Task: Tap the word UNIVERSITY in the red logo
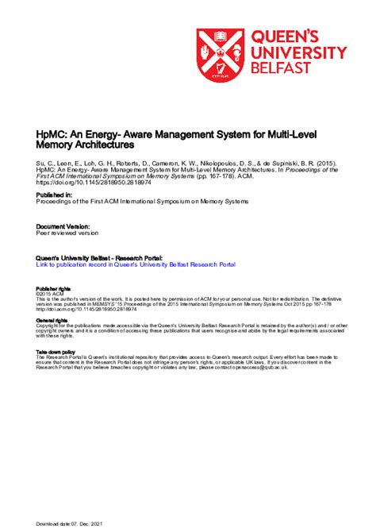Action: [299, 53]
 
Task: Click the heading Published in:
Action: [55, 195]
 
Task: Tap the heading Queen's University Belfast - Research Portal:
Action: [100, 258]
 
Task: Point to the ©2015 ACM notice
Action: [49, 293]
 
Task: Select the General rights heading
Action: [52, 319]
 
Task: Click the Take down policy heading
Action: [56, 351]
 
